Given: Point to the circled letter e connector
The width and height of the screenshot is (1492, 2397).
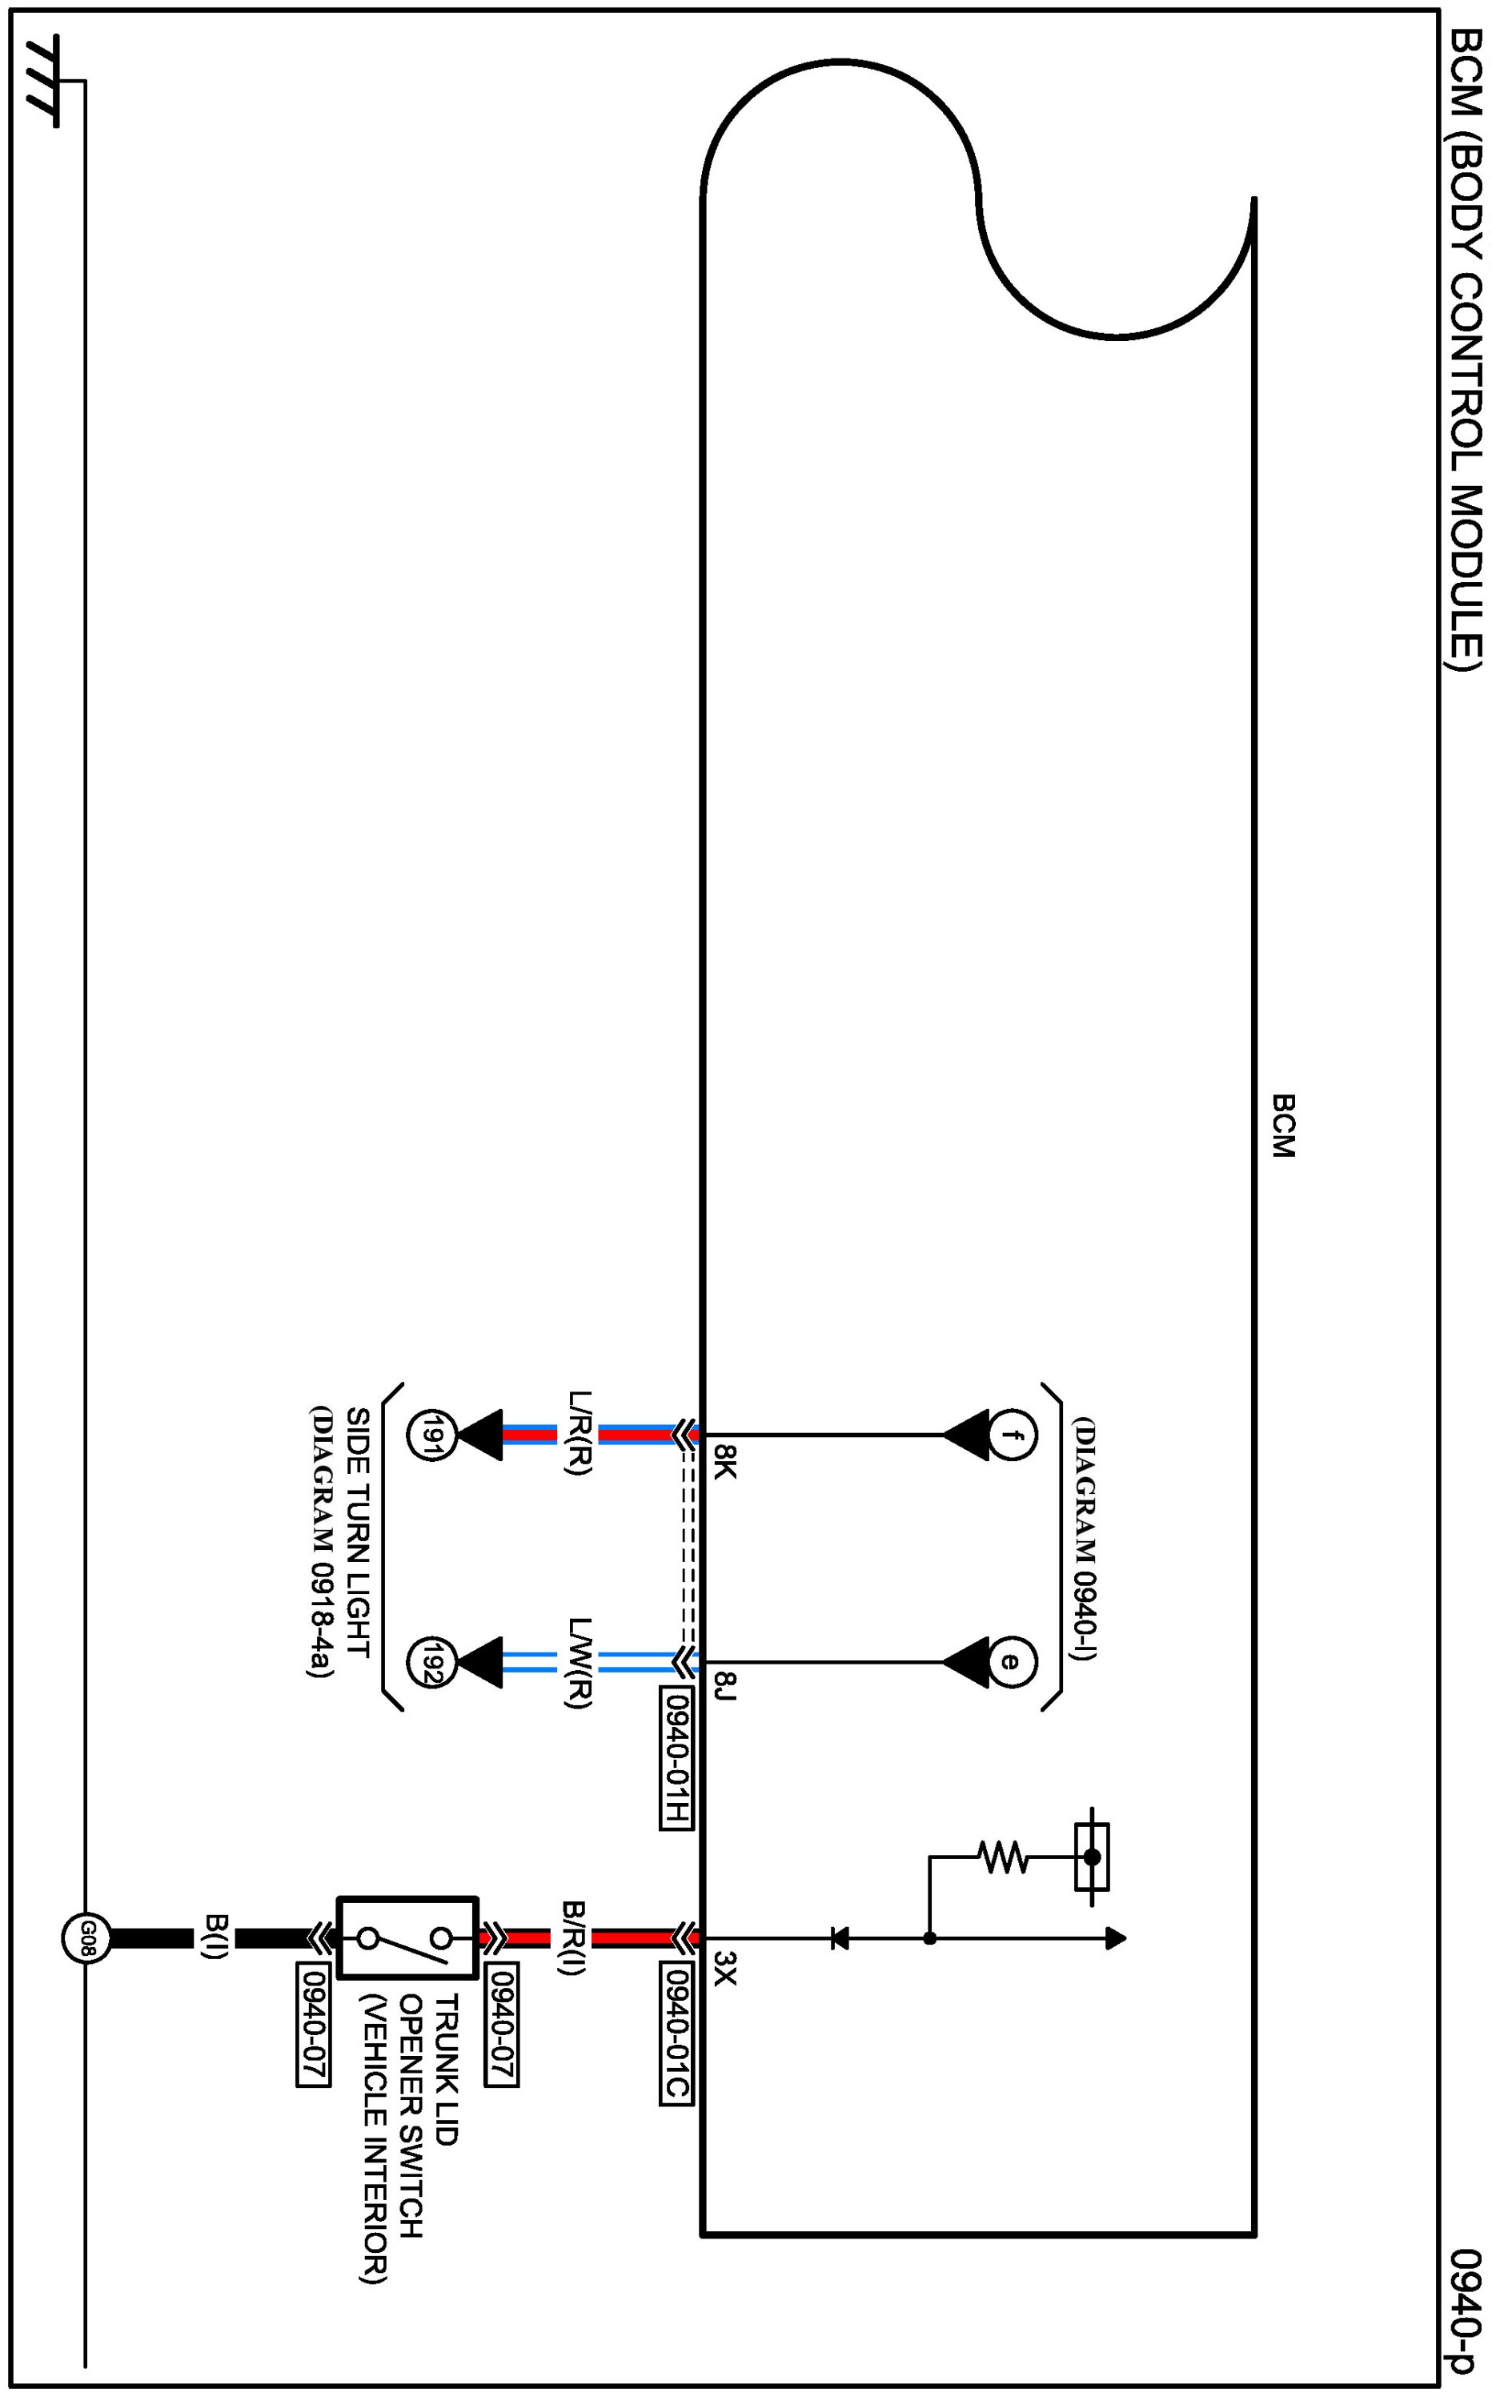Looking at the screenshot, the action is tap(1009, 1662).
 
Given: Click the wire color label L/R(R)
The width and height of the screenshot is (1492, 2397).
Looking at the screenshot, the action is tap(580, 1433).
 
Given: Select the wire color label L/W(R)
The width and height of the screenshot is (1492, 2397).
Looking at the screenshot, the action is tap(580, 1663).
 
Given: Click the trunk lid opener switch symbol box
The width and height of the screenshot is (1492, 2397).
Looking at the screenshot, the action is tap(407, 1937).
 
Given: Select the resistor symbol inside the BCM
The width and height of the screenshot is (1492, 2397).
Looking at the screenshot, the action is tap(1003, 1857).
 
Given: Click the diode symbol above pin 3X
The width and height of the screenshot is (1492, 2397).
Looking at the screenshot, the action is tap(840, 1938).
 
